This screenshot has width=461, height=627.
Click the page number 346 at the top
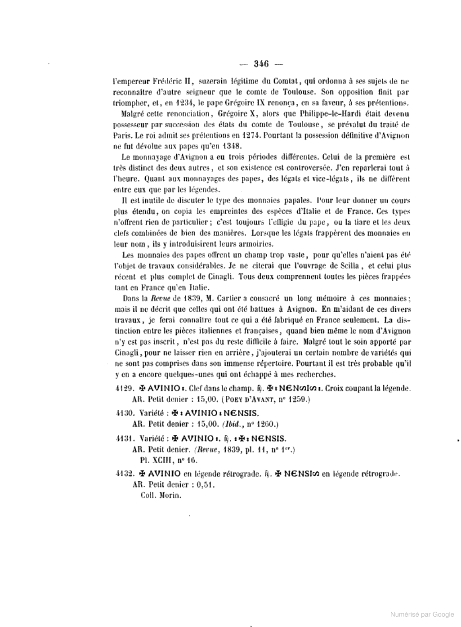pyautogui.click(x=261, y=64)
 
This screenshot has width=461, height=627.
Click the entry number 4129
pyautogui.click(x=124, y=388)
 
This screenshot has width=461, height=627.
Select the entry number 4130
pyautogui.click(x=124, y=413)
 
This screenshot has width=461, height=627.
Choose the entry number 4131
pyautogui.click(x=124, y=438)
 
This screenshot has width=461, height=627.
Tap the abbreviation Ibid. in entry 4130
pyautogui.click(x=231, y=424)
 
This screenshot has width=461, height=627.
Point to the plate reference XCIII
pyautogui.click(x=159, y=460)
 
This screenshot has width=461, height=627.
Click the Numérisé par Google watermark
pyautogui.click(x=422, y=614)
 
